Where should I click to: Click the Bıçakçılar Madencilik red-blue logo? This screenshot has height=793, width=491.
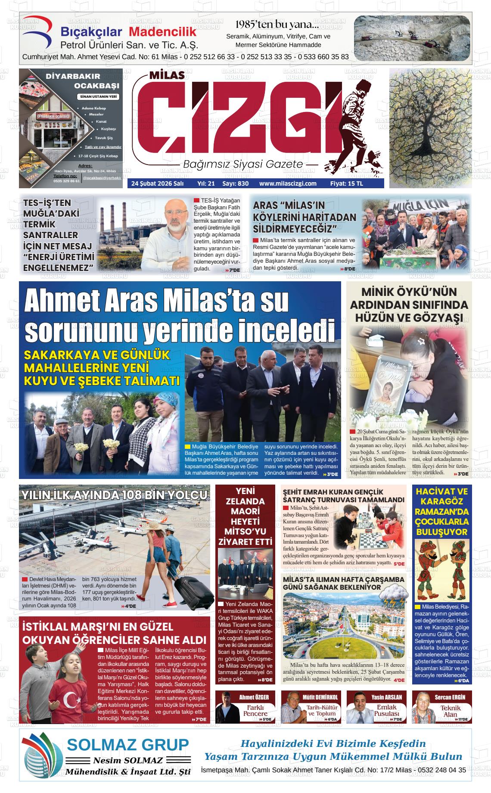pyautogui.click(x=40, y=34)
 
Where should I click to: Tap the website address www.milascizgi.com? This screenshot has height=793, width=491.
pyautogui.click(x=288, y=183)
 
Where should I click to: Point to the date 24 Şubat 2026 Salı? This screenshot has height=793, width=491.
pyautogui.click(x=157, y=183)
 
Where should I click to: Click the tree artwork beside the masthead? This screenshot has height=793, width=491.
pyautogui.click(x=430, y=128)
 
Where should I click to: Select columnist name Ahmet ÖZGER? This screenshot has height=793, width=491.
pyautogui.click(x=254, y=697)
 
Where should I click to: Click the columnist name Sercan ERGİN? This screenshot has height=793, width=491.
pyautogui.click(x=450, y=697)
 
